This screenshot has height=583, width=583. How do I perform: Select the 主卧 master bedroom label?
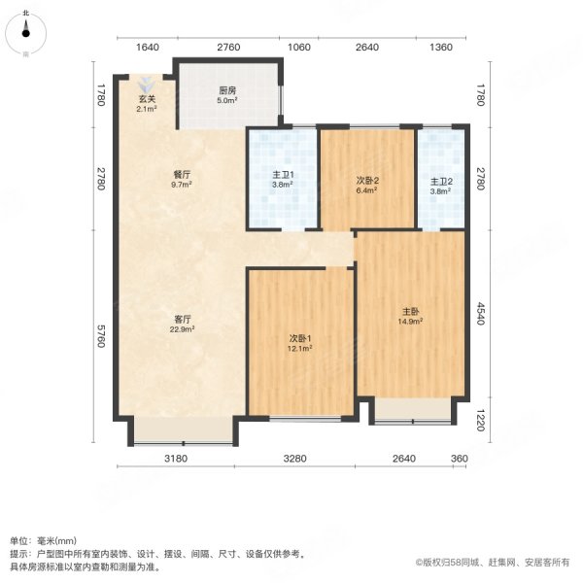[x=410, y=312]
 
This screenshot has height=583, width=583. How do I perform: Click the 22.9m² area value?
[x=182, y=328]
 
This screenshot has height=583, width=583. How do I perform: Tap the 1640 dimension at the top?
[x=146, y=47]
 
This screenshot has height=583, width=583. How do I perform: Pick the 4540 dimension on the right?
[x=480, y=314]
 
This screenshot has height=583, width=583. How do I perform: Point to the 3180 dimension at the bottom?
[x=176, y=459]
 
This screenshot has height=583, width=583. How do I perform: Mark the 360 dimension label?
[x=460, y=459]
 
